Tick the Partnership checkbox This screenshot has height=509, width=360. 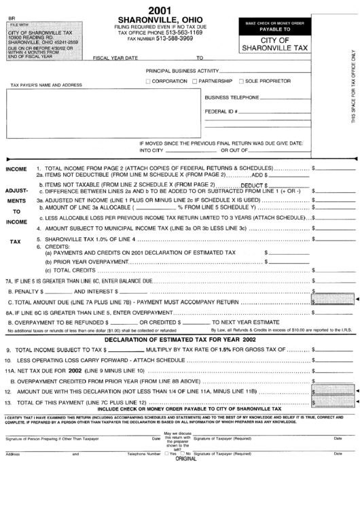[193, 81]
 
